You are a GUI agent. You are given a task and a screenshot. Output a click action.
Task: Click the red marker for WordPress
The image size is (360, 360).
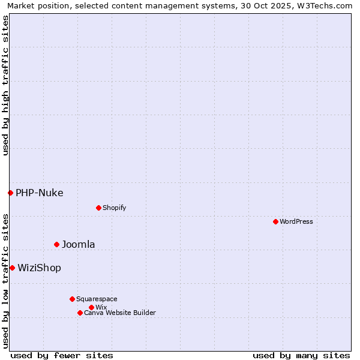[x=275, y=221]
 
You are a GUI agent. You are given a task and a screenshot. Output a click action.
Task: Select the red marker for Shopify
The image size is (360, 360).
[x=98, y=208]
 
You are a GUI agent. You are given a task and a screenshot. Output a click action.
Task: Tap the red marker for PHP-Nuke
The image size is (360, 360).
[x=10, y=193]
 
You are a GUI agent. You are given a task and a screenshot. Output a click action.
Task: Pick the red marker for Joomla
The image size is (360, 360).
[x=57, y=244]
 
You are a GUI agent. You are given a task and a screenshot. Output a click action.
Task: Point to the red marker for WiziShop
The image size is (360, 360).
[x=12, y=268]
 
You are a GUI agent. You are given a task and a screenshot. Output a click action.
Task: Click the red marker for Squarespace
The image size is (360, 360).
[x=72, y=299]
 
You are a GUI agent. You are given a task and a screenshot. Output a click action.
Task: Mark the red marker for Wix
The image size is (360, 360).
[x=91, y=307]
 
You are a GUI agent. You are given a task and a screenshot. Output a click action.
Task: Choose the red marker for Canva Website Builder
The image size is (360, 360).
[x=80, y=313]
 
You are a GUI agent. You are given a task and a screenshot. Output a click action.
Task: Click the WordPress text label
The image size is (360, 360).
[x=296, y=221]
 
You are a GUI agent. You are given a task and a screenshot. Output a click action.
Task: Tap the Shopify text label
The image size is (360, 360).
[x=114, y=208]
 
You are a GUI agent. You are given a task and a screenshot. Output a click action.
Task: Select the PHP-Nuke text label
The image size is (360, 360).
[x=40, y=193]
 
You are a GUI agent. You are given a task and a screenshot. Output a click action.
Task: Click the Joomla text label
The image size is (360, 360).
[x=79, y=244]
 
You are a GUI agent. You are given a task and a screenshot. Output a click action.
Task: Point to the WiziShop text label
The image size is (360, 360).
[x=40, y=268]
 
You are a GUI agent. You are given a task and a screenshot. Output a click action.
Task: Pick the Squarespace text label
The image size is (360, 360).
[x=97, y=299]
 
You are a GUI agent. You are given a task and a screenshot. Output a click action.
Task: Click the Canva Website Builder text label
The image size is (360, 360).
[x=120, y=313]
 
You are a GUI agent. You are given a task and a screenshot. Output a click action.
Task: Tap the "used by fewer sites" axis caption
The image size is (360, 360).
[x=62, y=355]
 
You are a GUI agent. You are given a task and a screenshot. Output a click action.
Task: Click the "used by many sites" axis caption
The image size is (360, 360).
[x=301, y=355]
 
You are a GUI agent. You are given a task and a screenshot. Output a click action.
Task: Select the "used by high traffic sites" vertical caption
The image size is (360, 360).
[x=5, y=85]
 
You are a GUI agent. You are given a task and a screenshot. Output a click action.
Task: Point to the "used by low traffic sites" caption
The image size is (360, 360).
[x=5, y=281]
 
